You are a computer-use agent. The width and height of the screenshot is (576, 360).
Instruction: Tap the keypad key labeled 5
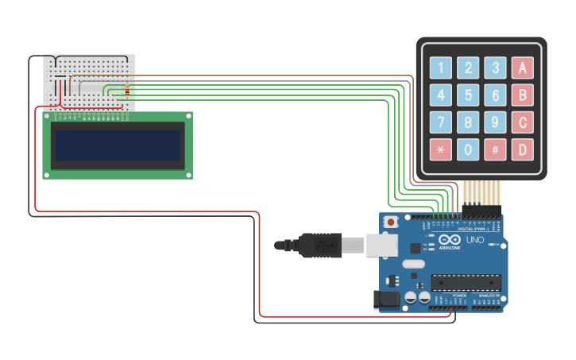tap(469, 95)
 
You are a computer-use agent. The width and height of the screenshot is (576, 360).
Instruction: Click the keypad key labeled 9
tap(496, 122)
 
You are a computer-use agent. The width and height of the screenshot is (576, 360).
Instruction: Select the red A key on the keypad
tap(522, 68)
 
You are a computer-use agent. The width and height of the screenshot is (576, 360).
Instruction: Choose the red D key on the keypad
tap(522, 149)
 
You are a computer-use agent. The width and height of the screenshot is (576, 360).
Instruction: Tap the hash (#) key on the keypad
tap(496, 149)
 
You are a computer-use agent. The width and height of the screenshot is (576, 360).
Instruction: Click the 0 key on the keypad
tap(469, 149)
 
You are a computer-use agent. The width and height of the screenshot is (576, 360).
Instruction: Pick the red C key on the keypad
tap(522, 122)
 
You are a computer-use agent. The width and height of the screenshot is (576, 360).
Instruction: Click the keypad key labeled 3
tap(496, 68)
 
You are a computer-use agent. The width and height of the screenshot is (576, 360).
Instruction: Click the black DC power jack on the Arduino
tap(387, 299)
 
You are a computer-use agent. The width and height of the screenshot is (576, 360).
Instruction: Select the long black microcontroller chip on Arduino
tap(466, 283)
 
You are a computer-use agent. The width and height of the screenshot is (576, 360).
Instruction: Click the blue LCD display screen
tap(117, 145)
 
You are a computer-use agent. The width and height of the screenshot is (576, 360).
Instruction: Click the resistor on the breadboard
tap(127, 91)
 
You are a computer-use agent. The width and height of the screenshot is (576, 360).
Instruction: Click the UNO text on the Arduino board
tap(474, 240)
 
